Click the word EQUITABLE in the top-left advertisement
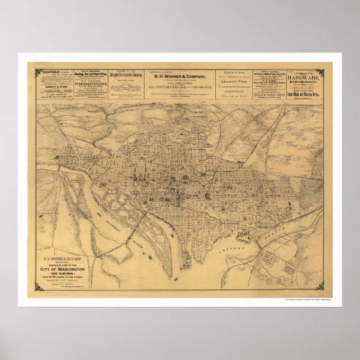[46, 72]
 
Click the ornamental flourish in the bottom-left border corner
[39, 287]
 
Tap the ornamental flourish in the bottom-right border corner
[320, 287]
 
